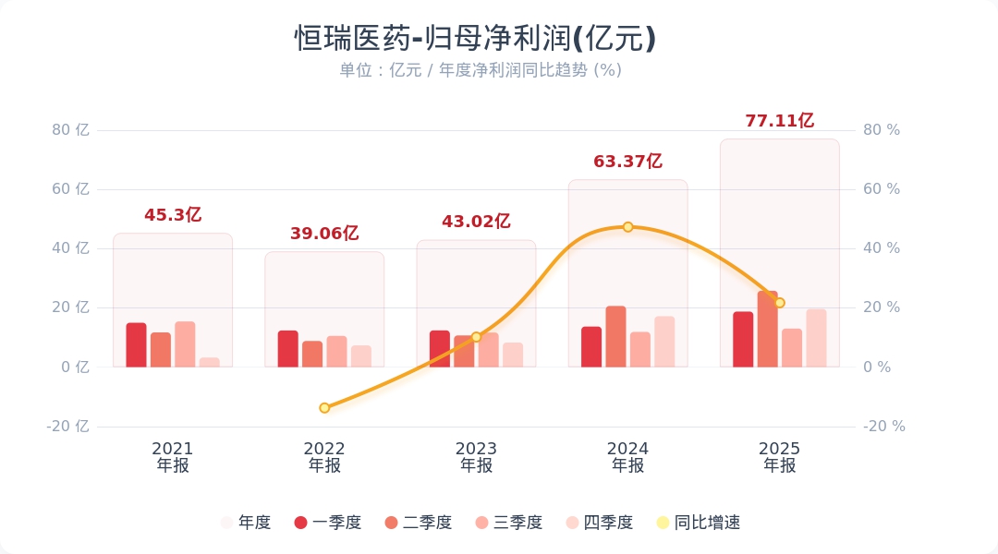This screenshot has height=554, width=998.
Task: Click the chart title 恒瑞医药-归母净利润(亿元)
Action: point(476,38)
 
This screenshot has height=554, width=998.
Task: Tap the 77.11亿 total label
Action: point(779,121)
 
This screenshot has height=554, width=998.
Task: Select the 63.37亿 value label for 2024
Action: point(627,162)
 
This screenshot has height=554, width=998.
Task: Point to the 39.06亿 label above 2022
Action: point(324,234)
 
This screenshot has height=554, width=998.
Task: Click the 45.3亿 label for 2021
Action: point(173,215)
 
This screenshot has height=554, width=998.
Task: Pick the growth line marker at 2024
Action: point(627,227)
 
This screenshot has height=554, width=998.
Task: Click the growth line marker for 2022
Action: point(324,408)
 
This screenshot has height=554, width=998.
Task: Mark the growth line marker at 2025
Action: point(779,303)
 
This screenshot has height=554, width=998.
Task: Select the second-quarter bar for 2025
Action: point(767,330)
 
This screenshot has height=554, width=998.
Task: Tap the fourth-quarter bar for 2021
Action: point(210,362)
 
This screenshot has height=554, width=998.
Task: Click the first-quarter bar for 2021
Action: point(137,345)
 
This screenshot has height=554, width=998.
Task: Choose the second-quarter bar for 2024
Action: point(615,337)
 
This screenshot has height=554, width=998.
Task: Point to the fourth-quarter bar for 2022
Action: point(361,356)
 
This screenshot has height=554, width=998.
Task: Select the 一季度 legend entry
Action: point(328,523)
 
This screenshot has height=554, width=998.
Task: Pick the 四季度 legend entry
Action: point(600,523)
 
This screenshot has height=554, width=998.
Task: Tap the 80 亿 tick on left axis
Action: point(70,130)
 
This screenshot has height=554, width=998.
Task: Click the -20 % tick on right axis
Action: point(883,427)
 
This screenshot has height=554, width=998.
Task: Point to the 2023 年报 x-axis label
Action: point(476,457)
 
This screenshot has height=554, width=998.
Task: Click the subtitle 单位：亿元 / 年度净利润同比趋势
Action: point(480,70)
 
